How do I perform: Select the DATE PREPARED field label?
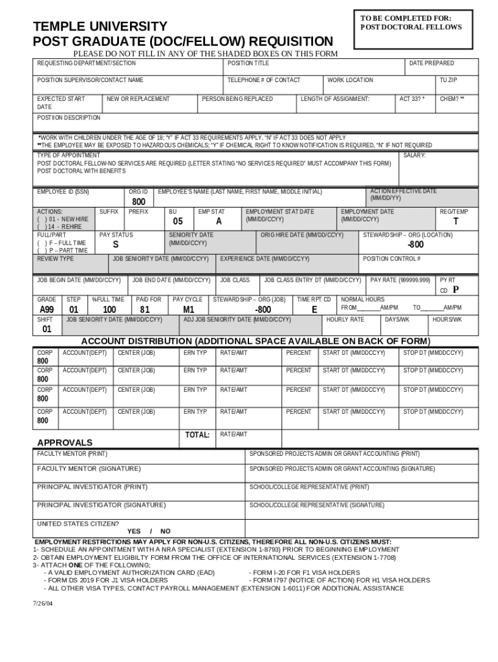coord(431,63)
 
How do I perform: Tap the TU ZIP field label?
coord(448,80)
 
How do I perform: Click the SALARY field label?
coord(413,156)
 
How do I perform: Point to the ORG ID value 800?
coord(139,202)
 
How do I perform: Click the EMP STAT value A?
coord(219,221)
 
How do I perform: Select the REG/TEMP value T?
coord(457,222)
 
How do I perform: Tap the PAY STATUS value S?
coord(115,245)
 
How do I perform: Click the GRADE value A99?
coord(47,310)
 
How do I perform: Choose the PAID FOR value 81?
coord(145,310)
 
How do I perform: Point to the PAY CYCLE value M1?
coord(188,310)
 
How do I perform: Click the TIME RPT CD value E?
coord(314,310)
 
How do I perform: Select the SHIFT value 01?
coord(47,329)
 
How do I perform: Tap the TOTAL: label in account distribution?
coord(197,435)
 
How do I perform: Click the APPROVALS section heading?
coord(65,443)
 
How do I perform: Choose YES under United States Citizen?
coord(134,531)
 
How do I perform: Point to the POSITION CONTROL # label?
coord(391,259)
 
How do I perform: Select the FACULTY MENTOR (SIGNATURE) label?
coord(88,468)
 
